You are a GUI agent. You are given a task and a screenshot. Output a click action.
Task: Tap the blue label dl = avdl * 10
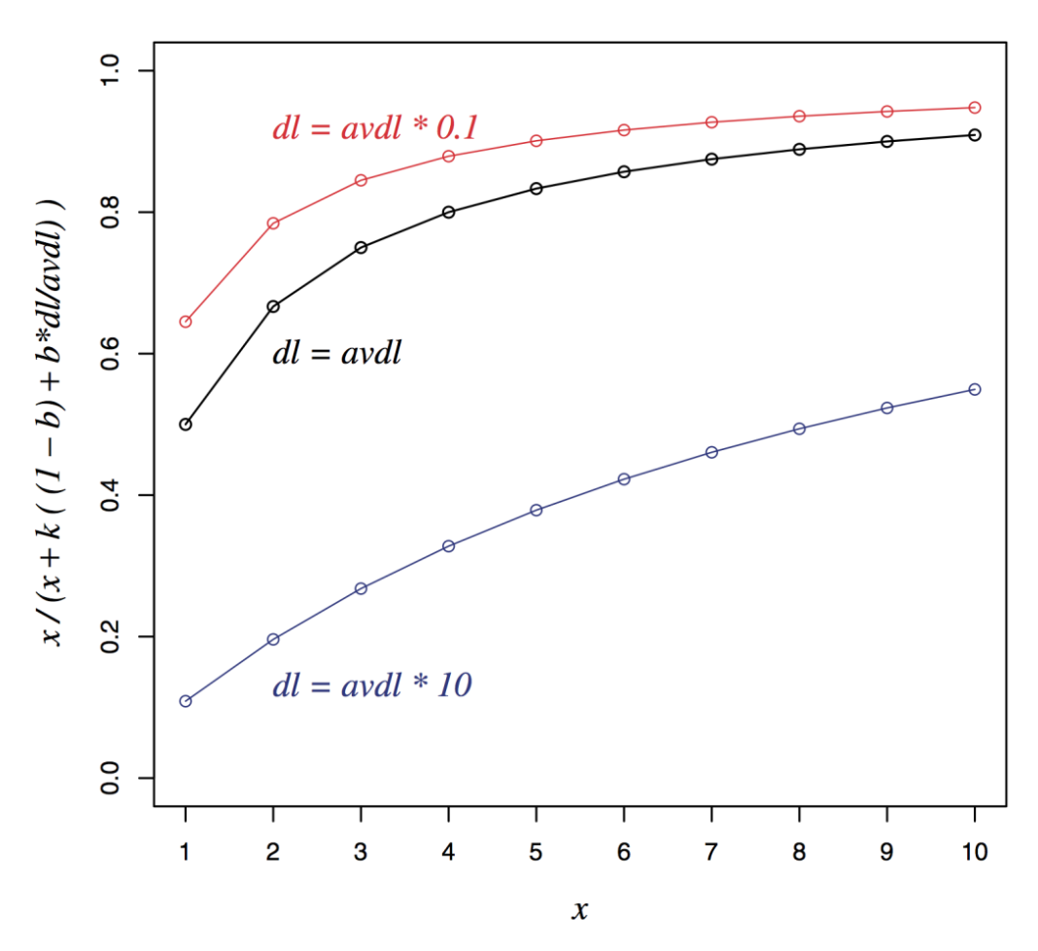pos(372,686)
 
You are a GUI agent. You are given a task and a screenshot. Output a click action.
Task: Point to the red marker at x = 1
pos(186,322)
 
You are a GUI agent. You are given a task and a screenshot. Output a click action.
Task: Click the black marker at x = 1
pos(186,424)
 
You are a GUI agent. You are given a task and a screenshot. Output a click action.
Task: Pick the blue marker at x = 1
pos(186,701)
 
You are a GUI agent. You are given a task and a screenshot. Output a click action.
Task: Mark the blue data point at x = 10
pos(975,389)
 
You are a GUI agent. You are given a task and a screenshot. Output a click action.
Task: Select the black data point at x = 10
pos(975,134)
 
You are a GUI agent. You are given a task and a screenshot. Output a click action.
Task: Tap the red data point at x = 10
pos(975,107)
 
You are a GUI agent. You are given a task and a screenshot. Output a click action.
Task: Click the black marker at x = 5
pos(536,188)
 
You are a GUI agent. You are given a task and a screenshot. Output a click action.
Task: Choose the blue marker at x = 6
pos(624,478)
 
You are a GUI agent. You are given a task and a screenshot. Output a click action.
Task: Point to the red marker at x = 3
pos(361,180)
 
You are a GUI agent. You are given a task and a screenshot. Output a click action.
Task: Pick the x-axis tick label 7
pos(711,853)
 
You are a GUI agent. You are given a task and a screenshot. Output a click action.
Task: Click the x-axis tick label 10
pos(975,853)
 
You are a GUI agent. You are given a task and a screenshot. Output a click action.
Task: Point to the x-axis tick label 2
pos(273,853)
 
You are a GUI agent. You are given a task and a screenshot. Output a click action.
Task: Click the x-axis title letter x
pos(579,910)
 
